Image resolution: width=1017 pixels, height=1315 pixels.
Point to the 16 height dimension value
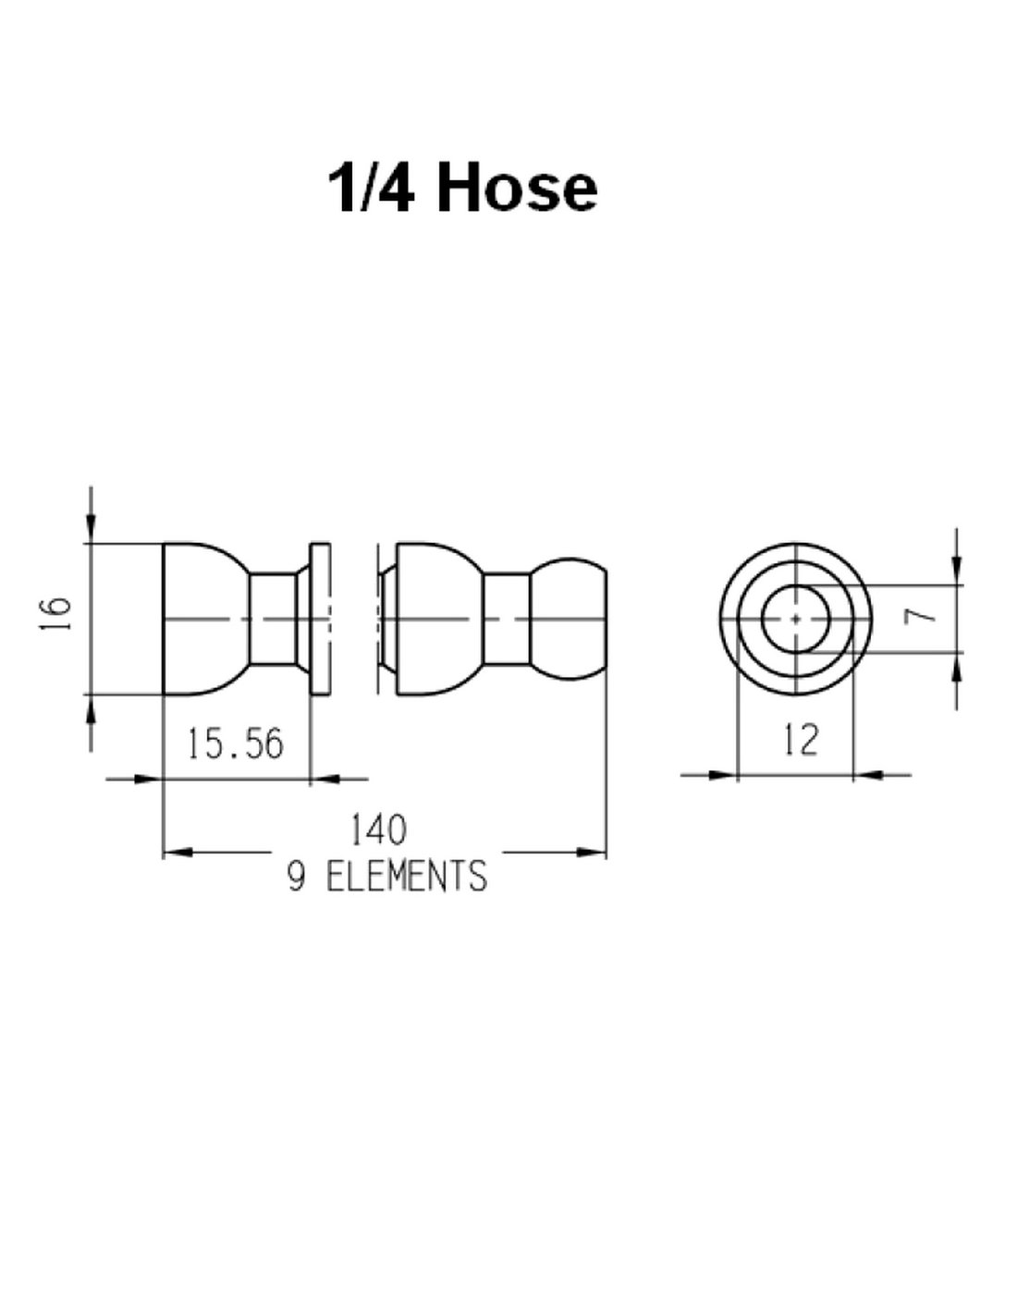(x=55, y=614)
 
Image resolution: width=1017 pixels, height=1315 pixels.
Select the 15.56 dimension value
(x=235, y=744)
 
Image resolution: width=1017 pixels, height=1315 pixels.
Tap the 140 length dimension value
(x=378, y=830)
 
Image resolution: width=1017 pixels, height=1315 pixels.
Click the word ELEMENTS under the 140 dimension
(x=407, y=876)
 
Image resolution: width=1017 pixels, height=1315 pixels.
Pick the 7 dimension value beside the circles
(x=926, y=616)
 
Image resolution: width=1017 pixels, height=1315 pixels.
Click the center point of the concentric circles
(x=795, y=619)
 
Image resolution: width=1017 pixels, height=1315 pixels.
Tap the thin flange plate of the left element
(x=320, y=619)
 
